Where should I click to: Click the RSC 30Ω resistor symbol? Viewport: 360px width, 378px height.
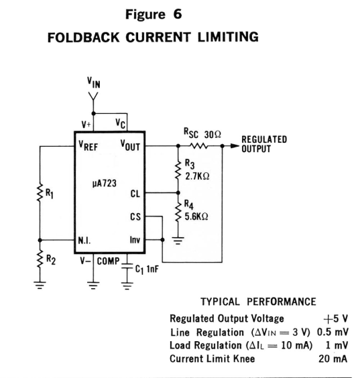[x=198, y=146]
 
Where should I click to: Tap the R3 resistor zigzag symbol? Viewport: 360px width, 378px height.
[x=178, y=170]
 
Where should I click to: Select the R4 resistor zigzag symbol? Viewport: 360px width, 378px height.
[x=178, y=211]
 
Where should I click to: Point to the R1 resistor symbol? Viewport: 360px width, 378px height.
[x=40, y=192]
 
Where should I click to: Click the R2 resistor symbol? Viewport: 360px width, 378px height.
[x=40, y=259]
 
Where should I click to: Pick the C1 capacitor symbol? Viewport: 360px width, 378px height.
[x=127, y=265]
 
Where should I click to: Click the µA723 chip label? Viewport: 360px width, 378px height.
[x=105, y=184]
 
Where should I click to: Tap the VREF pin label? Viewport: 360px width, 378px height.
[x=88, y=145]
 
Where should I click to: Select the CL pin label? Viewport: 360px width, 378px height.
[x=135, y=194]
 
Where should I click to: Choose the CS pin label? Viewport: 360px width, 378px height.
[x=135, y=216]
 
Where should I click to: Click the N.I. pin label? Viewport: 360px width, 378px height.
[x=84, y=240]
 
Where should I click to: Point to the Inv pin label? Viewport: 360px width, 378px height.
[x=135, y=240]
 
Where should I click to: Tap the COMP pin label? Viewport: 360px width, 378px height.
[x=108, y=261]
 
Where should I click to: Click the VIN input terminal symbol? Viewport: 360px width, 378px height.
[x=93, y=96]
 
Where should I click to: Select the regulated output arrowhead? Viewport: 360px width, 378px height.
[x=235, y=145]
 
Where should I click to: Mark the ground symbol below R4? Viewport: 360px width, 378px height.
[x=178, y=241]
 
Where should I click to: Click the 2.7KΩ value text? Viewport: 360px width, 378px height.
[x=197, y=176]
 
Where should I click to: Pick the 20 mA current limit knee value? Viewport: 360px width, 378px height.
[x=333, y=359]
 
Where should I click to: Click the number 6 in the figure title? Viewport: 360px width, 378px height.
[x=177, y=14]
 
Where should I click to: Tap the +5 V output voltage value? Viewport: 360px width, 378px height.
[x=336, y=319]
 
